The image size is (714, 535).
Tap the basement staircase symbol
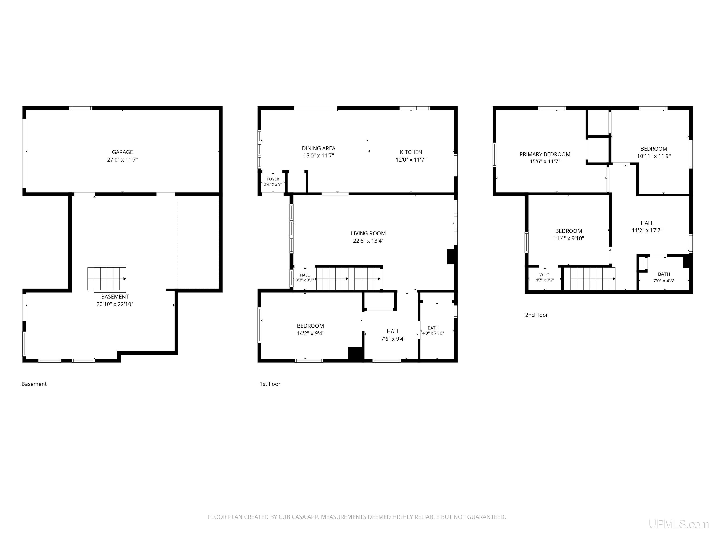point(107,279)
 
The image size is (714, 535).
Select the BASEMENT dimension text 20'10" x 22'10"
point(115,304)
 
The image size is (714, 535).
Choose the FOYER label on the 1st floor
point(273,179)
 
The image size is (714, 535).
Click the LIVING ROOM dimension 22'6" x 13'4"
point(368,241)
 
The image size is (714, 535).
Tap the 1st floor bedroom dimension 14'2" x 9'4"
point(311,333)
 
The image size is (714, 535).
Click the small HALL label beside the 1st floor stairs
point(305,275)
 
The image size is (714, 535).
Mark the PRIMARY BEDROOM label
point(545,154)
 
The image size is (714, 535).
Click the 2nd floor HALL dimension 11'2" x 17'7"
point(647,231)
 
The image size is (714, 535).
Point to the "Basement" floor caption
point(34,384)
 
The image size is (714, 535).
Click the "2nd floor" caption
point(536,315)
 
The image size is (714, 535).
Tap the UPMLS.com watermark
point(679,524)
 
